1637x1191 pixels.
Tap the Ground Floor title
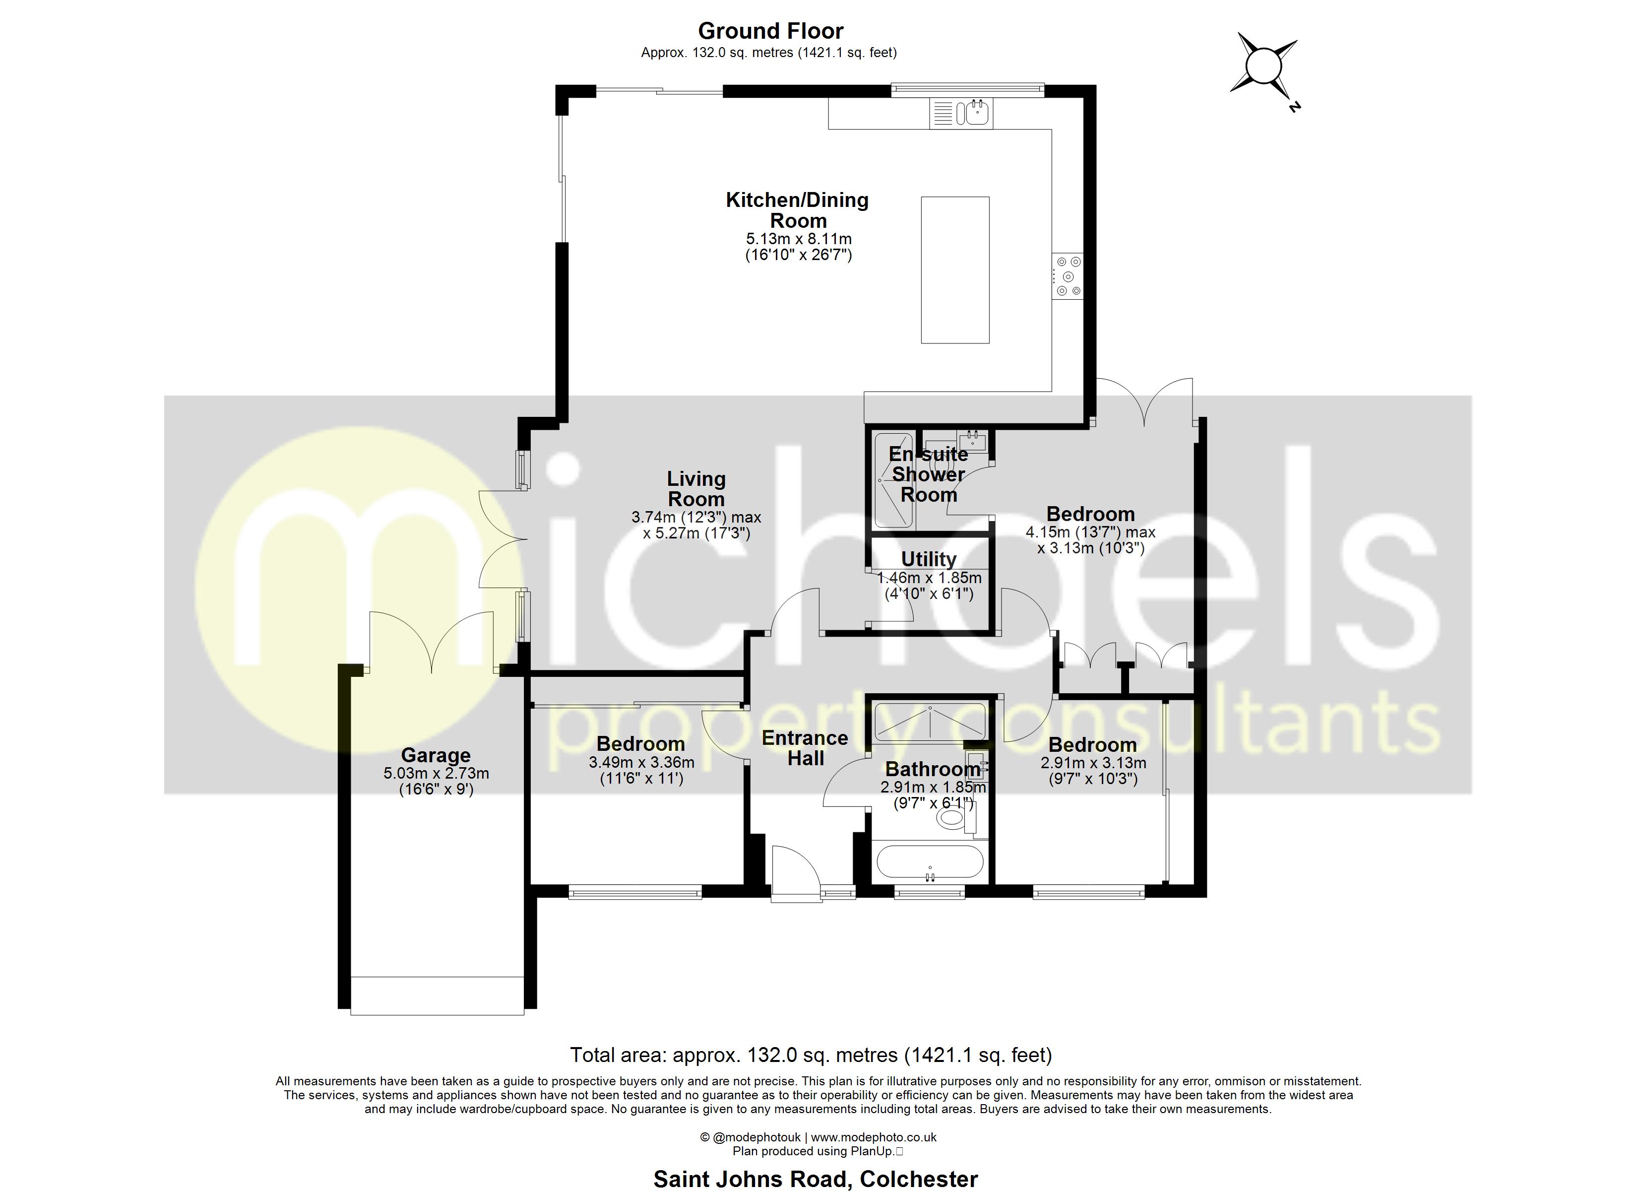tap(770, 31)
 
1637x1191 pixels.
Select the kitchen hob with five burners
tap(1068, 276)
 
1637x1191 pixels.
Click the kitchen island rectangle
tap(954, 269)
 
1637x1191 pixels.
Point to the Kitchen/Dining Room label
tap(797, 210)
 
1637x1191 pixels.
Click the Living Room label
tap(696, 489)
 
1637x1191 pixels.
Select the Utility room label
tap(928, 560)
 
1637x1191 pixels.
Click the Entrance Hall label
tap(805, 748)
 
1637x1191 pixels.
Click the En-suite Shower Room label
tap(928, 474)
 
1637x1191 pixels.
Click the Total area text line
tap(811, 1055)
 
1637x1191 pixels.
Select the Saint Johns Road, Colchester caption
tap(815, 1179)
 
